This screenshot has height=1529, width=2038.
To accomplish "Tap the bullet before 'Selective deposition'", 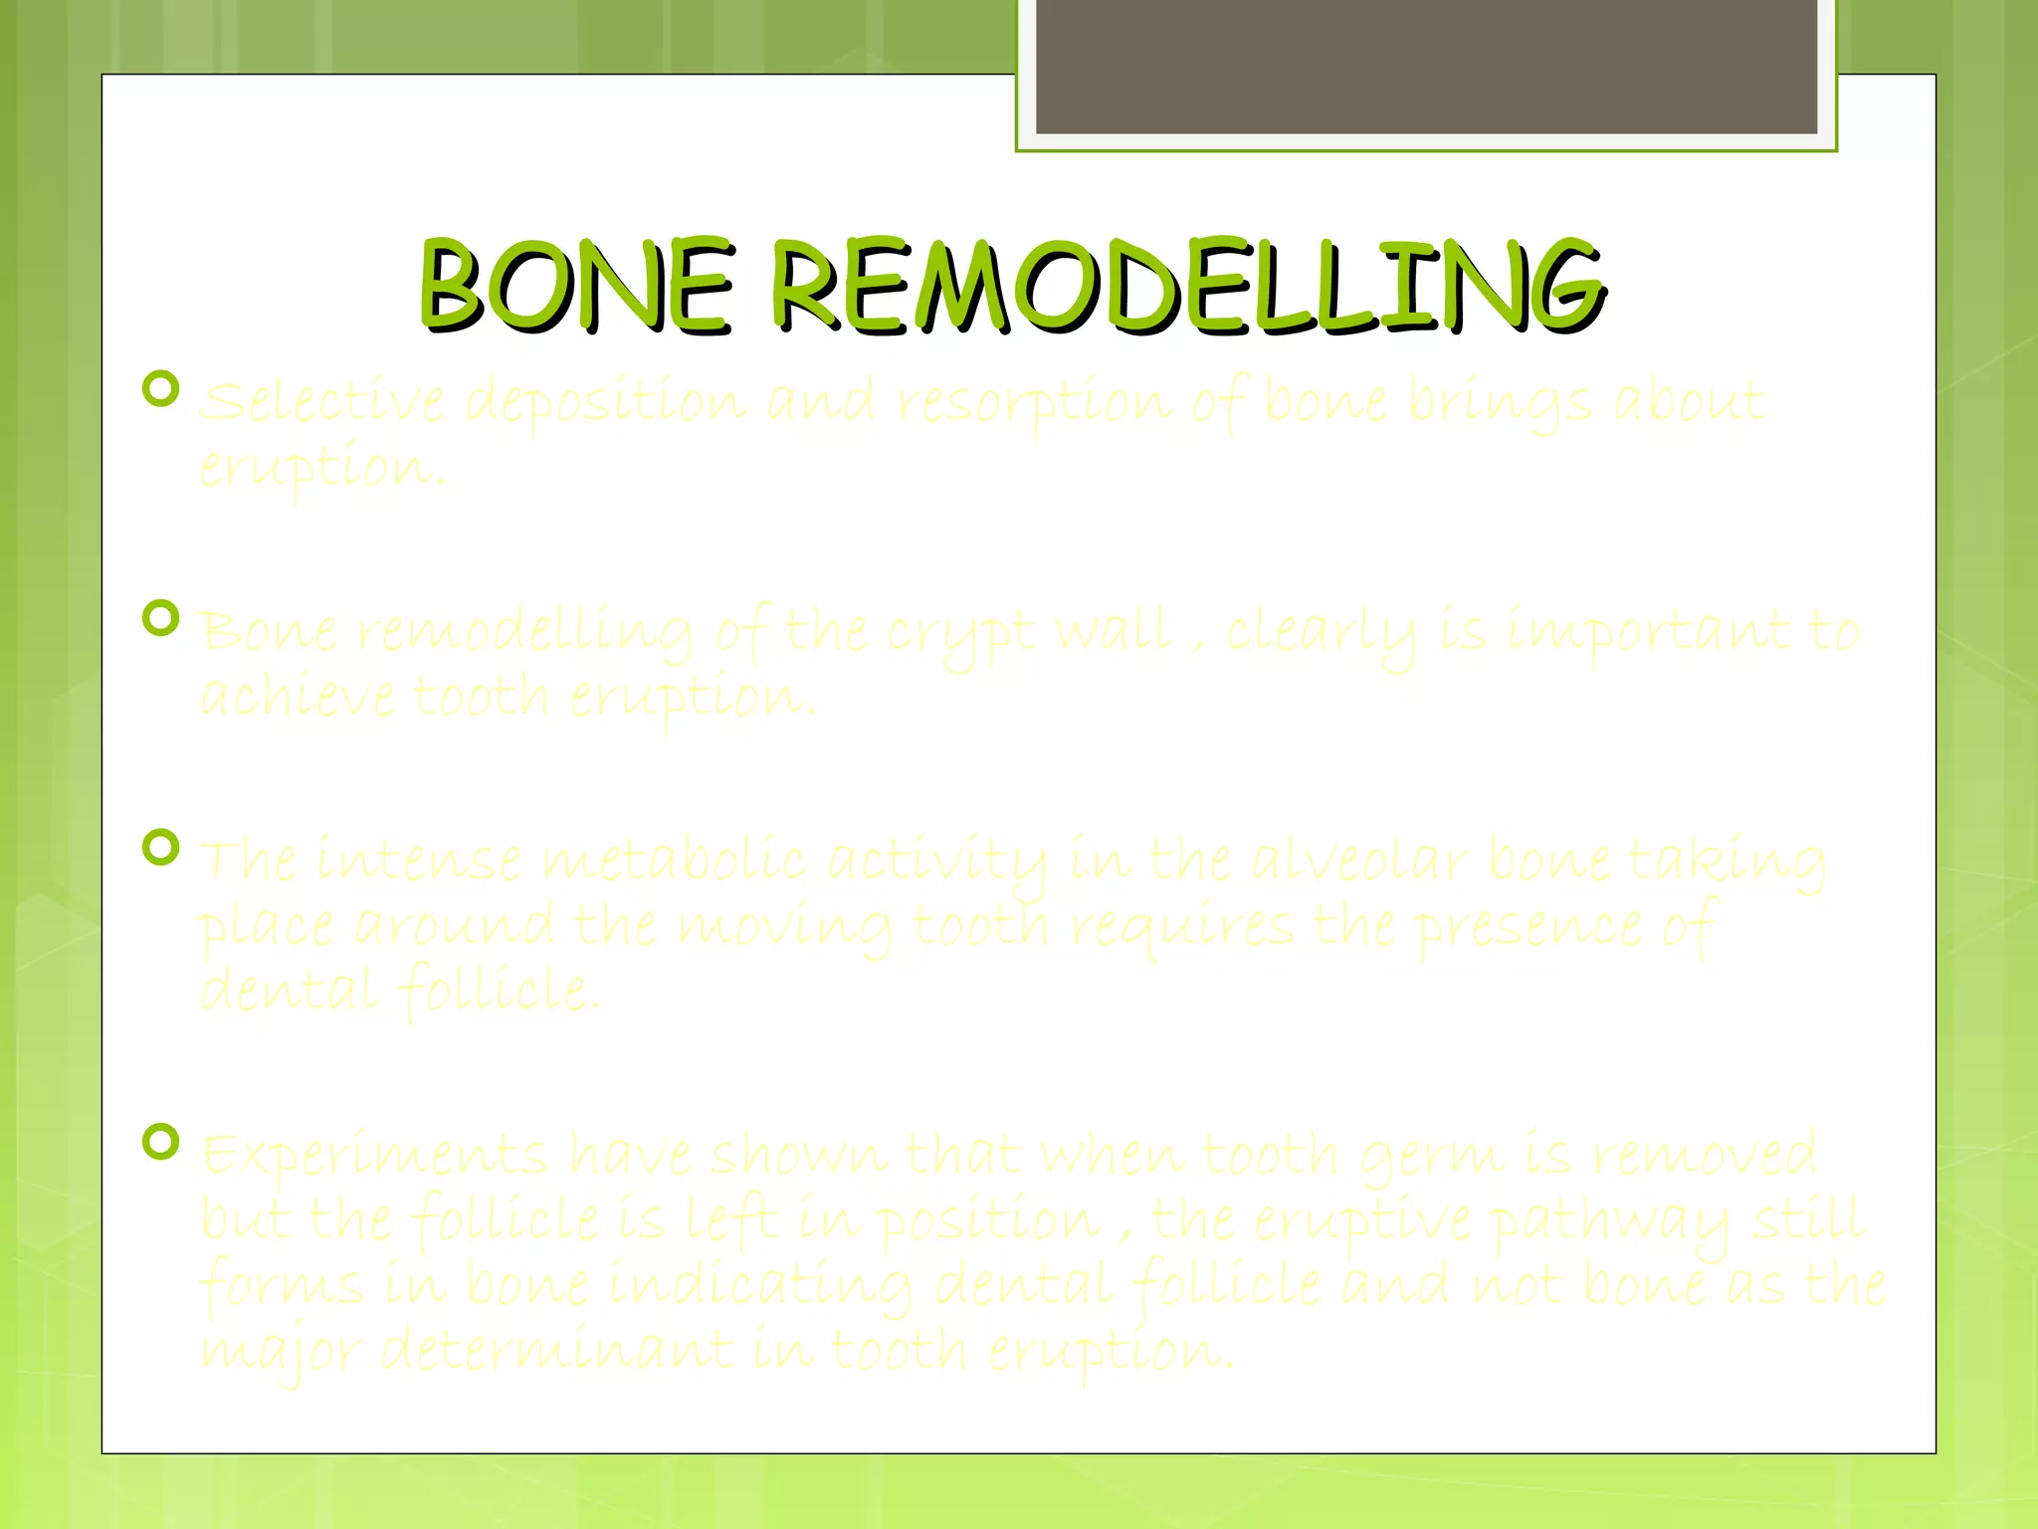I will click(161, 388).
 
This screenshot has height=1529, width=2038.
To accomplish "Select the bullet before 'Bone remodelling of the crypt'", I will click(161, 618).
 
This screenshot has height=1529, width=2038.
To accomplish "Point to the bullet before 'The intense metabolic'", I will click(161, 848).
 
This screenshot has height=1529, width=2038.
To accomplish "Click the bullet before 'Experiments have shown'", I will click(161, 1142).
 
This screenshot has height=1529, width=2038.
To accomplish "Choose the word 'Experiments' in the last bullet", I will click(374, 1157).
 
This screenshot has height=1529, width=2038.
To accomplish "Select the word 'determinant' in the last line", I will click(557, 1351).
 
